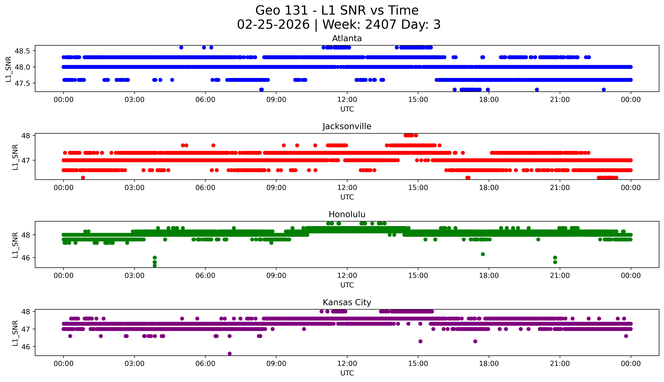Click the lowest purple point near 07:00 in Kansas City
point(230,353)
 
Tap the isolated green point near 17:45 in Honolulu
point(483,254)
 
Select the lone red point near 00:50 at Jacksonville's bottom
point(83,178)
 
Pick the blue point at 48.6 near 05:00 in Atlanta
point(181,47)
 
